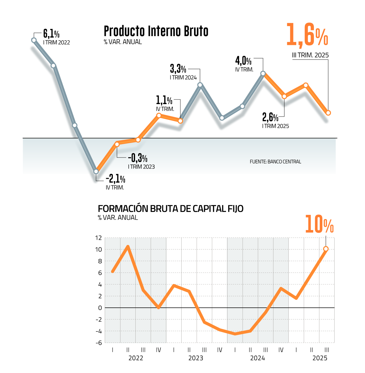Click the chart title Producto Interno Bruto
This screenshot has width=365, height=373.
click(156, 31)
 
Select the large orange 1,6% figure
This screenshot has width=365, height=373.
click(307, 35)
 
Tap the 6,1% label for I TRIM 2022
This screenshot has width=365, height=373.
click(51, 33)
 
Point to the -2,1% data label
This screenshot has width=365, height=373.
click(115, 179)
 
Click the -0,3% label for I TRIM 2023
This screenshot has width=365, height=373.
click(137, 158)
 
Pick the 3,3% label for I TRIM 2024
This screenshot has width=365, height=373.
click(178, 69)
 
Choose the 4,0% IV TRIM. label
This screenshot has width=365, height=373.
click(243, 61)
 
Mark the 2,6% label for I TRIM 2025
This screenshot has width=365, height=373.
click(270, 117)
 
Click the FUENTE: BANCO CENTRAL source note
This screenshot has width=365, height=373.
click(275, 162)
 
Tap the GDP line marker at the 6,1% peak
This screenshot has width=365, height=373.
click(34, 40)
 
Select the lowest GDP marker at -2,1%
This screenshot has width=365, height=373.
click(96, 171)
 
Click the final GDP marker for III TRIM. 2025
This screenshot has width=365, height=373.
click(328, 113)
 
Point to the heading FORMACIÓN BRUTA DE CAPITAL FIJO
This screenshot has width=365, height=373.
click(171, 209)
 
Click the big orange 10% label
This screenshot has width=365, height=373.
click(319, 224)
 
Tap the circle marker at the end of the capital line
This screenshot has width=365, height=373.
click(326, 249)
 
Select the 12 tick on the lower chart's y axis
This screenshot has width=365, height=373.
click(98, 238)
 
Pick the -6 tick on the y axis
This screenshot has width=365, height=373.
click(98, 343)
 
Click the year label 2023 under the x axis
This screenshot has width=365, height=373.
click(196, 358)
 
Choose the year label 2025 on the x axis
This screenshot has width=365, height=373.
click(320, 358)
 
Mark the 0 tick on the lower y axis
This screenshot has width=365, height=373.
click(100, 308)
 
